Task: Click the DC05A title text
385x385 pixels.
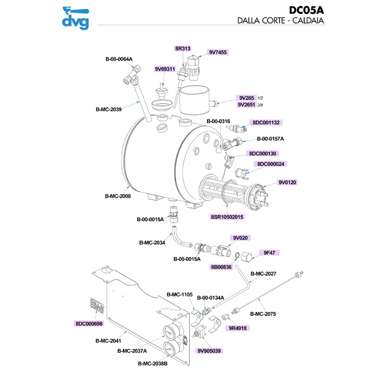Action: (306, 10)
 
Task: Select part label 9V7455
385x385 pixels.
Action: (218, 52)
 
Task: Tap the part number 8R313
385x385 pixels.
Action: (183, 49)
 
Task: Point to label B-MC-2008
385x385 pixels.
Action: (118, 196)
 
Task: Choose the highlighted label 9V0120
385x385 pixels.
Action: (288, 182)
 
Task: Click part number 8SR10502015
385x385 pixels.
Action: (227, 217)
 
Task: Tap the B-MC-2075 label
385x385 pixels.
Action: (264, 316)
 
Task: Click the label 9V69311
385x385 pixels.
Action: (165, 69)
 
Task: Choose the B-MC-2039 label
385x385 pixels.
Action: (108, 109)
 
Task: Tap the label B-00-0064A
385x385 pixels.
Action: (119, 59)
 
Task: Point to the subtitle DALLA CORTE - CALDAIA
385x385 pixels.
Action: (279, 21)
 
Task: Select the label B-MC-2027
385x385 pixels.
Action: (264, 274)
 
